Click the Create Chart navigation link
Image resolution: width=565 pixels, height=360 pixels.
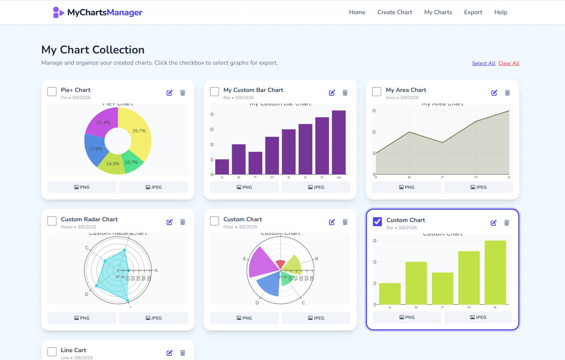[x=395, y=12]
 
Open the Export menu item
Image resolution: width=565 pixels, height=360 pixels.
[x=473, y=12]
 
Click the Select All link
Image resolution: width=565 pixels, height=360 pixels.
[x=483, y=63]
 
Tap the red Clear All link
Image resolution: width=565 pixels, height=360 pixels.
[x=509, y=63]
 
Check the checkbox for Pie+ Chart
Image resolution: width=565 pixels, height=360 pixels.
[x=52, y=92]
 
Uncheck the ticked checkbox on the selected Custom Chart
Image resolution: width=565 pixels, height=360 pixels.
[x=377, y=222]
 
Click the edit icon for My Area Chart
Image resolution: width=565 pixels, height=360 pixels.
[x=494, y=93]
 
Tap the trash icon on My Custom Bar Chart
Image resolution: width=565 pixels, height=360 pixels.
[x=345, y=93]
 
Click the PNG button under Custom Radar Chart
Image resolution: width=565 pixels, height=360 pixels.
[x=82, y=318]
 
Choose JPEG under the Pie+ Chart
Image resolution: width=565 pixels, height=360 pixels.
[x=154, y=187]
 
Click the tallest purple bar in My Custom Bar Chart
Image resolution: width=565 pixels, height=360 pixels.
[x=339, y=142]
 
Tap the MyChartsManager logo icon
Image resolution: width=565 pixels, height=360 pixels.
[x=58, y=12]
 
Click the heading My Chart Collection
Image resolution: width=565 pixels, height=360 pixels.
[x=93, y=50]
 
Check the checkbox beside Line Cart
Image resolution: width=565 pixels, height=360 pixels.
[x=52, y=352]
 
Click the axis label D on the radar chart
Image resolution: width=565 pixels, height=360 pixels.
[x=87, y=294]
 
